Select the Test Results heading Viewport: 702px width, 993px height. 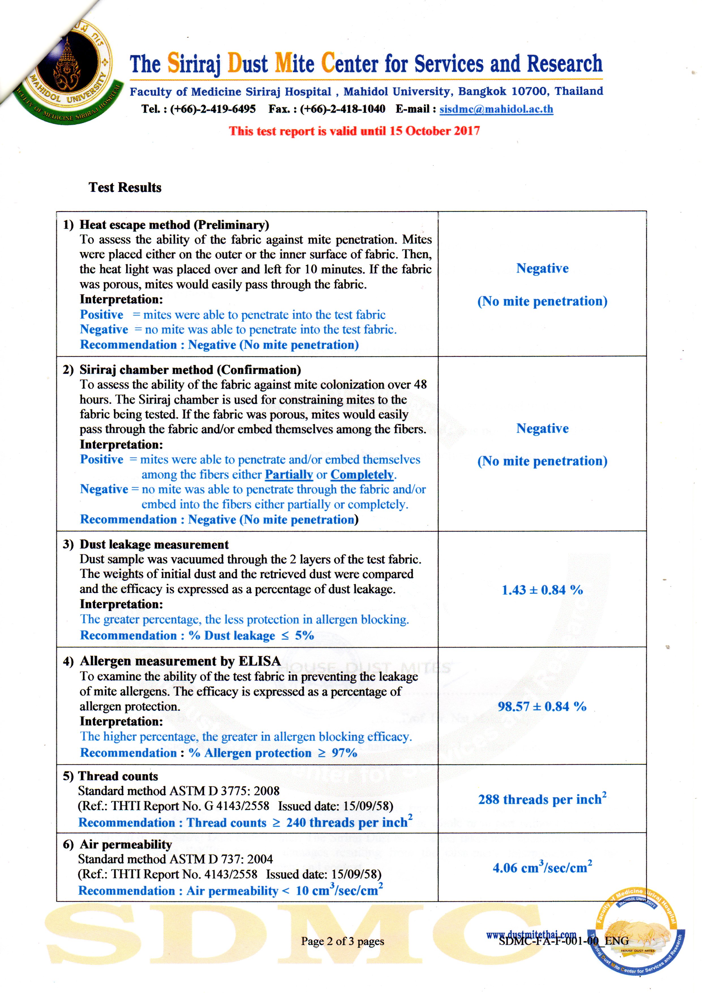125,187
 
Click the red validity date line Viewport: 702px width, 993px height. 354,131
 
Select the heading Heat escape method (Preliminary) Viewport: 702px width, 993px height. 174,225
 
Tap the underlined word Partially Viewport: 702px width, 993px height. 289,475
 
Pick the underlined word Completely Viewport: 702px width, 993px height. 362,475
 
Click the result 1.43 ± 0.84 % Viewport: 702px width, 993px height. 542,590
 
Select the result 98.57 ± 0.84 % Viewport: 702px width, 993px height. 542,706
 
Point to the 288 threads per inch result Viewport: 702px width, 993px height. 542,799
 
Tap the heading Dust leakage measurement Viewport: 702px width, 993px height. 154,544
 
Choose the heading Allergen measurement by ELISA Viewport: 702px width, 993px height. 180,661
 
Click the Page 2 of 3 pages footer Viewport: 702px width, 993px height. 343,941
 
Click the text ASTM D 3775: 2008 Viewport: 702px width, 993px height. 224,791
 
